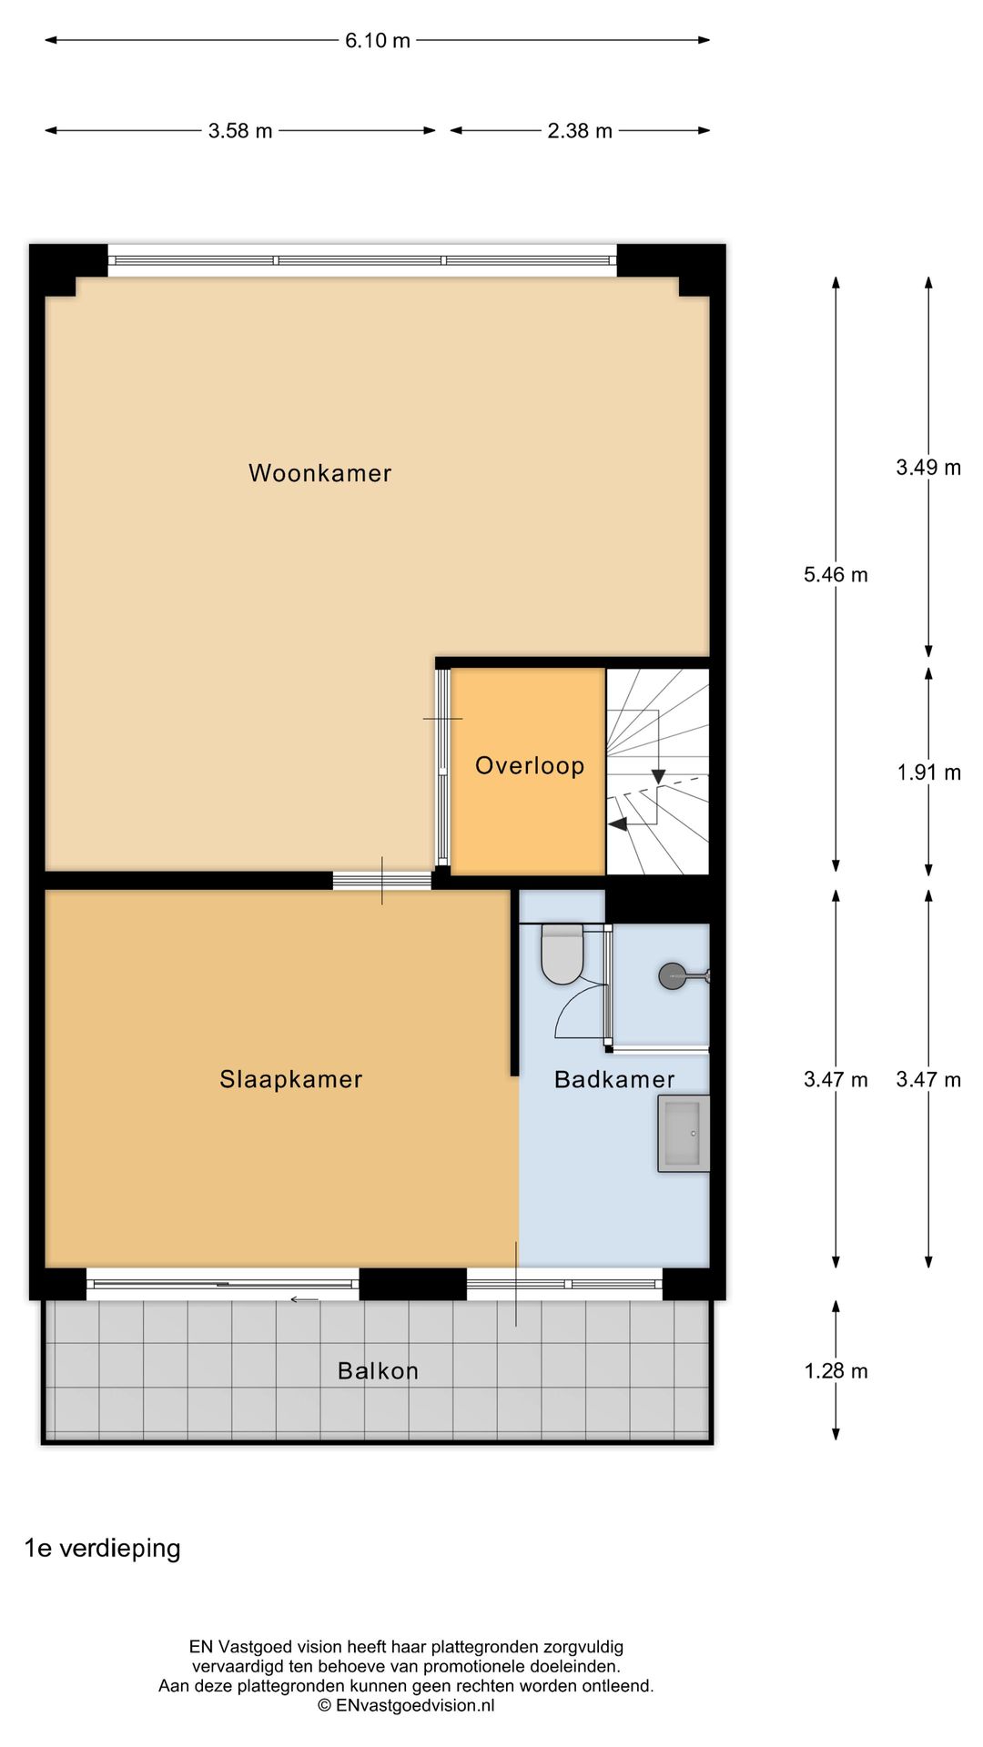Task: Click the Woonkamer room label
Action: (x=319, y=473)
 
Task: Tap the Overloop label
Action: (x=529, y=765)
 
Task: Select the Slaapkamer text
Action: (x=290, y=1079)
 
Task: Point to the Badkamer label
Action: (x=614, y=1079)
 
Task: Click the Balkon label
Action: (x=378, y=1370)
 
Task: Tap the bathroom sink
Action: (x=683, y=1133)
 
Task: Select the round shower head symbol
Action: (x=672, y=976)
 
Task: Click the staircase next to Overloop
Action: (x=657, y=772)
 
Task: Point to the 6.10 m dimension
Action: (x=377, y=40)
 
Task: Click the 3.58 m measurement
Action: (x=239, y=130)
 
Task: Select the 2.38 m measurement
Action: (x=579, y=130)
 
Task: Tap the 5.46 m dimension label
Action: (x=835, y=574)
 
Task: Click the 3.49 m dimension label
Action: (x=927, y=467)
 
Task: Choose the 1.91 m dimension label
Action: (x=927, y=772)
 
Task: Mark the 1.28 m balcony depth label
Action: (x=835, y=1370)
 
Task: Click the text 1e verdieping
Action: (x=102, y=1548)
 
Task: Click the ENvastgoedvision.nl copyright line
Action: (x=406, y=1705)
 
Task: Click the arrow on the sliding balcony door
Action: (x=304, y=1299)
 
